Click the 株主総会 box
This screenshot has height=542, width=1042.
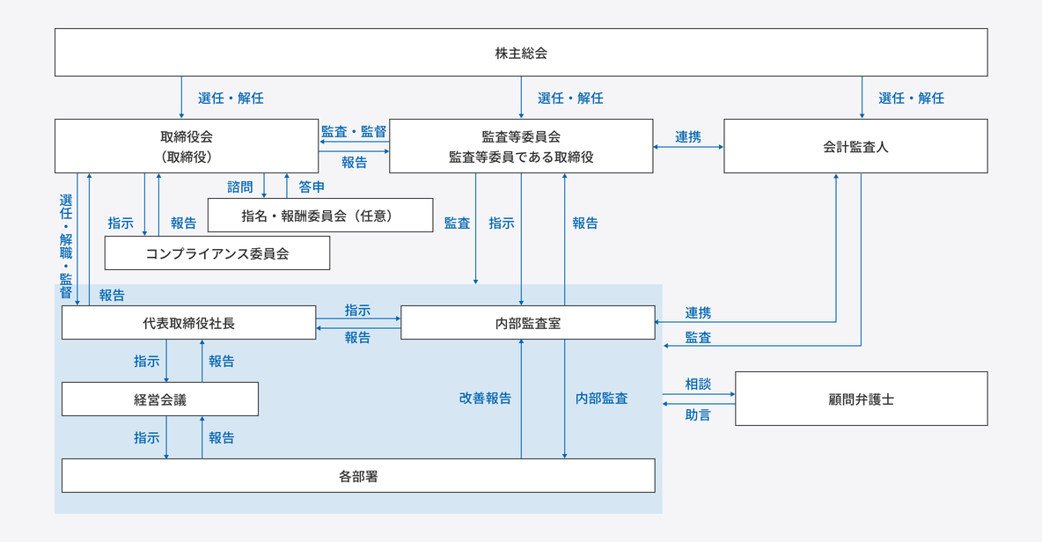coord(521,53)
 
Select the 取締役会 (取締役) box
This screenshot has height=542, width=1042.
coord(187,146)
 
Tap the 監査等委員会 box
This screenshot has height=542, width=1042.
coord(521,146)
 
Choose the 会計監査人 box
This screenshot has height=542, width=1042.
coord(855,146)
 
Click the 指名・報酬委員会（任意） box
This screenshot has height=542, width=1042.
coord(320,216)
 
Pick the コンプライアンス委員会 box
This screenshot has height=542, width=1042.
coord(216,253)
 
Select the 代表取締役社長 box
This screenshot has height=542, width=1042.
coord(188,323)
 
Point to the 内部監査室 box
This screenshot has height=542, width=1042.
coord(528,323)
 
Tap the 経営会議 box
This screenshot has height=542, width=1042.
coord(159,399)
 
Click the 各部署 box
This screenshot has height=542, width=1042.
coord(358,476)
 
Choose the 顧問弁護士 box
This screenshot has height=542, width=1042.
coord(861,399)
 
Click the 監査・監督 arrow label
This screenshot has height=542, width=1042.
coord(354,131)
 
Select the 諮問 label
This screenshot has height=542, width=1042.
coord(239,187)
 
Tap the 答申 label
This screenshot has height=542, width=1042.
coord(312,187)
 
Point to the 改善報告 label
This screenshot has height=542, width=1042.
coord(485,398)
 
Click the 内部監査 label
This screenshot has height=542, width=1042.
coord(601,398)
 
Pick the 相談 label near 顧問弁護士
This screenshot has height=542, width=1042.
coord(698,385)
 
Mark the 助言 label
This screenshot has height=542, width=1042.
coord(698,414)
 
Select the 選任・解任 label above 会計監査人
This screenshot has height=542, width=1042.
coord(911,98)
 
